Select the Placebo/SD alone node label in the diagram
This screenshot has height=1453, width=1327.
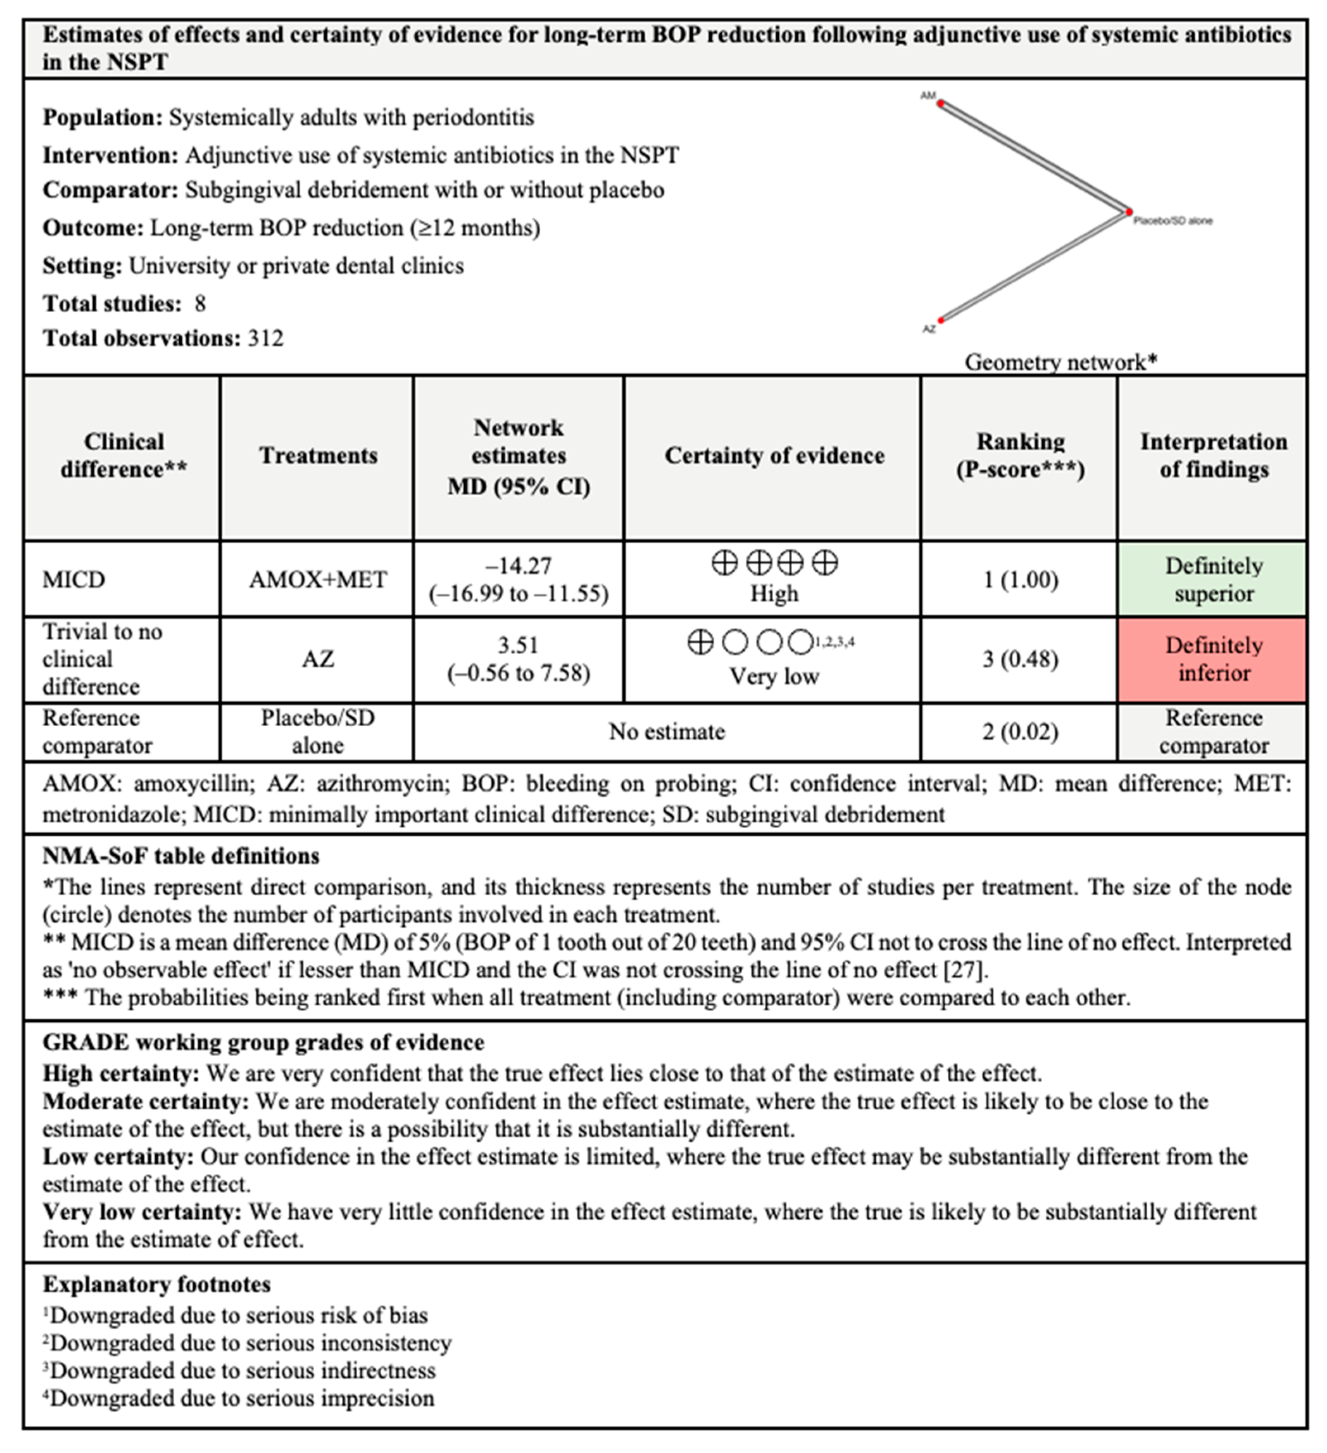(1173, 221)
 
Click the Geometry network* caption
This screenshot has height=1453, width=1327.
(1060, 362)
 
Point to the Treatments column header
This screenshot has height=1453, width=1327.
(318, 455)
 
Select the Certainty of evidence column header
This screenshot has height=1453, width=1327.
(774, 455)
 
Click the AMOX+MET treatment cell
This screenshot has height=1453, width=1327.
(318, 579)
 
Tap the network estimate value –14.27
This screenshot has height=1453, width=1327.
(519, 566)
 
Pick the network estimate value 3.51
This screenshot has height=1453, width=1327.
(519, 645)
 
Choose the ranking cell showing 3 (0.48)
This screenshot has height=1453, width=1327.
(1020, 659)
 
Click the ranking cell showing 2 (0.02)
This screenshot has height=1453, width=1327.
(1020, 732)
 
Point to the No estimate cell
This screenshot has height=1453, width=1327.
(667, 732)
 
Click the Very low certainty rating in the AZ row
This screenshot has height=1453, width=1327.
(774, 676)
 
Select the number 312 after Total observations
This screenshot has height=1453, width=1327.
(265, 338)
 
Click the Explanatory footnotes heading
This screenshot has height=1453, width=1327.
(157, 1284)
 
